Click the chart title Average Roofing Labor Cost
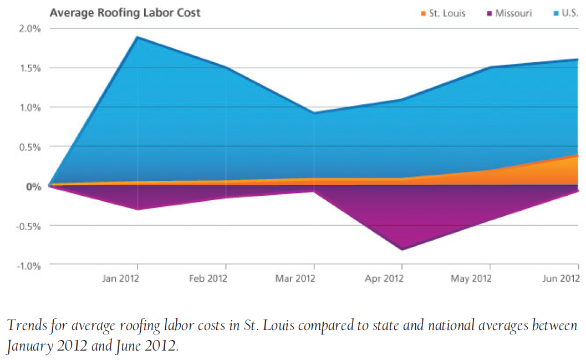[125, 12]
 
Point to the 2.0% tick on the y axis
[31, 28]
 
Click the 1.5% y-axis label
[31, 68]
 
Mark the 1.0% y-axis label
[31, 107]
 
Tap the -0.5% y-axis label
[30, 226]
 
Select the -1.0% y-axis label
[30, 266]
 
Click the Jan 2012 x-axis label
[120, 278]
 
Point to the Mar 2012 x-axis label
[295, 278]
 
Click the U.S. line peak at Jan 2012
[137, 37]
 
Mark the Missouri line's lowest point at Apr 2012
[401, 250]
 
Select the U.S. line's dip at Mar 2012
[314, 113]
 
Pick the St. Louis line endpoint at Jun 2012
[578, 155]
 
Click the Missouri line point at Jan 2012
[137, 209]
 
